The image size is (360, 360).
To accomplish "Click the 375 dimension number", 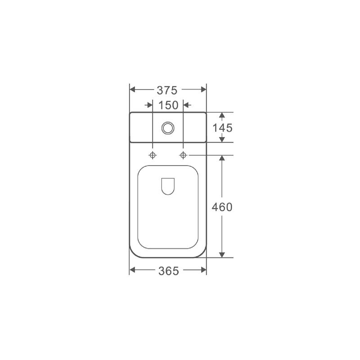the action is pyautogui.click(x=167, y=90).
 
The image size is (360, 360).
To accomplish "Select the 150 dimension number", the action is pyautogui.click(x=168, y=105).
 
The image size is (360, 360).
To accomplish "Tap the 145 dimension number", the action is pyautogui.click(x=222, y=128).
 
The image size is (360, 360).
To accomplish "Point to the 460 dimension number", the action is pyautogui.click(x=222, y=207).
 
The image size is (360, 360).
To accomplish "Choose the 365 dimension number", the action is pyautogui.click(x=168, y=271).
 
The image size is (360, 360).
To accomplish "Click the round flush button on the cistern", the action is pyautogui.click(x=168, y=128).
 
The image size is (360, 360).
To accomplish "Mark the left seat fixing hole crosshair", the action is pyautogui.click(x=153, y=155).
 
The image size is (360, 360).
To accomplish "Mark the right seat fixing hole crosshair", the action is pyautogui.click(x=183, y=155).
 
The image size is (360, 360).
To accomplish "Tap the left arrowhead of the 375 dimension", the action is pyautogui.click(x=132, y=89).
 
